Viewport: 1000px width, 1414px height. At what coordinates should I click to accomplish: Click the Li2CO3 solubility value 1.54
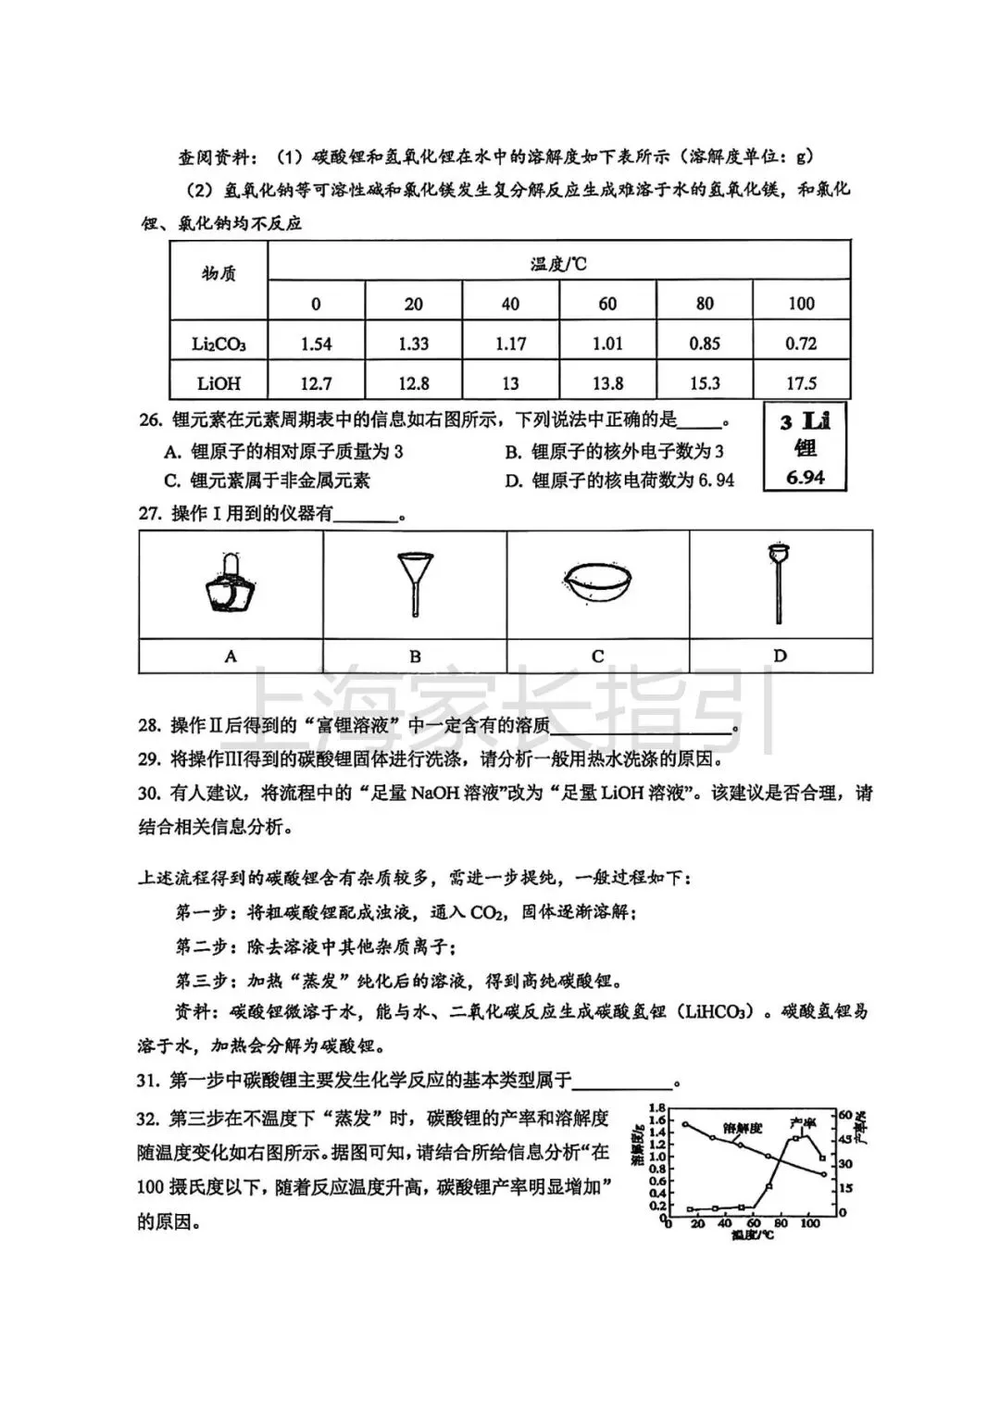(316, 344)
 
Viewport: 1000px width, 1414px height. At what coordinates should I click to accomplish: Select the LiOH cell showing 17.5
(801, 383)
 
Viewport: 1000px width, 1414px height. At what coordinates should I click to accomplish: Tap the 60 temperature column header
(607, 304)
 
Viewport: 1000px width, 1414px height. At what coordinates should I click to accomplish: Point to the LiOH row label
(219, 383)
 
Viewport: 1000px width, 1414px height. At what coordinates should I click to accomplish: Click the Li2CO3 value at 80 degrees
(705, 344)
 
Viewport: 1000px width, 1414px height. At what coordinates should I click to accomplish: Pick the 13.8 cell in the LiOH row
(607, 383)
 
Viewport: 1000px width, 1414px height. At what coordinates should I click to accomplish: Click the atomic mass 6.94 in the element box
(805, 478)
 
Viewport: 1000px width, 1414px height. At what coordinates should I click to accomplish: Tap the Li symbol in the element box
(815, 421)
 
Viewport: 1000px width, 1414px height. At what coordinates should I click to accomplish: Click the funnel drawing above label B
(414, 583)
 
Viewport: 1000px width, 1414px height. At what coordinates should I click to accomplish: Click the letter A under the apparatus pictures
(231, 656)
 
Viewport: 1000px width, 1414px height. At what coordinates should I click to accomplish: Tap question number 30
(150, 794)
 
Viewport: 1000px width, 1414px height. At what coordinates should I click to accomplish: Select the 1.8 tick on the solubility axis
(657, 1108)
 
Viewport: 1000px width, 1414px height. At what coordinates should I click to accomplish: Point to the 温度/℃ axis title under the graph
(752, 1235)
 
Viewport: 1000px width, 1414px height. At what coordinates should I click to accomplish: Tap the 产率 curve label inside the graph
(802, 1123)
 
